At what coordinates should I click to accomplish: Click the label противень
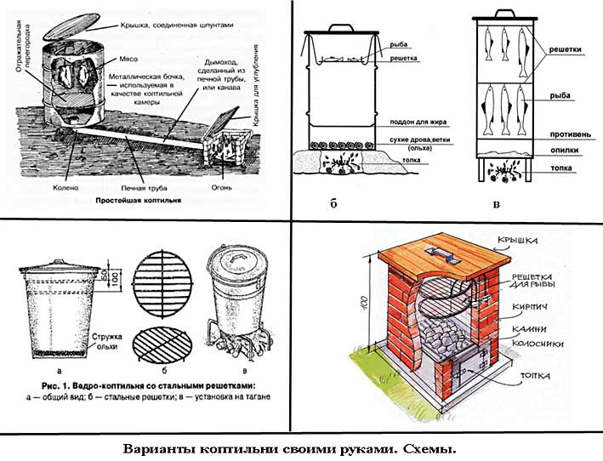572,134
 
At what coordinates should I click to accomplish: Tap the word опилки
568,151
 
